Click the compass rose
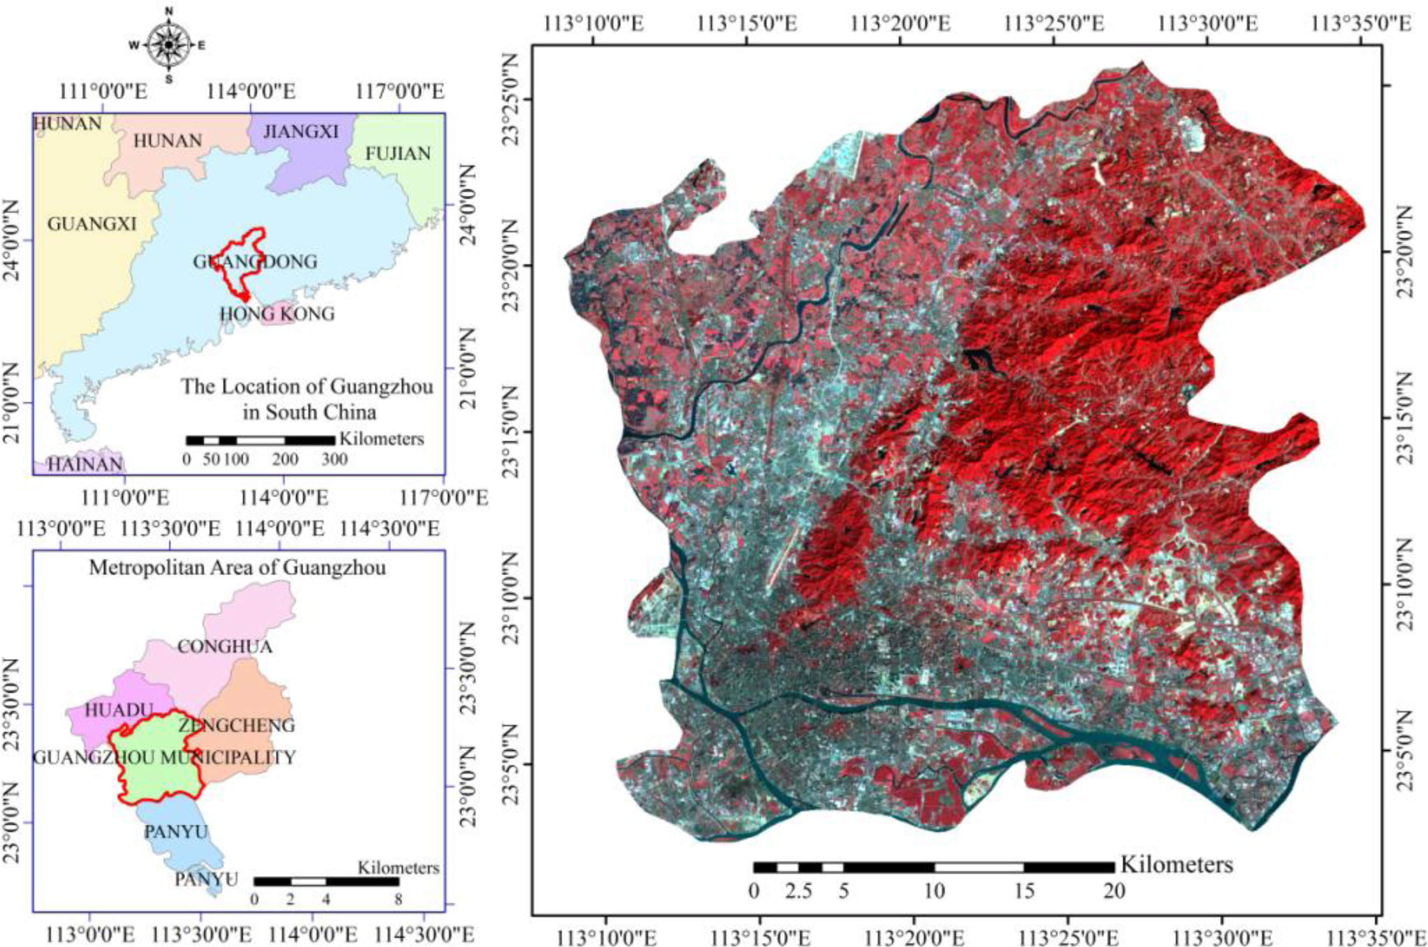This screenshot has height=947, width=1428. pos(169,45)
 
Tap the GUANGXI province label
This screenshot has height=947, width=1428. pos(92,224)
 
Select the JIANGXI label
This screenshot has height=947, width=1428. pos(301,132)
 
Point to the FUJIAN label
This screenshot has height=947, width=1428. pos(397,154)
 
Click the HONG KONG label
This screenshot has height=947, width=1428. pos(277,314)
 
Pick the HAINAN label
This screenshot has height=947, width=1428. pos(85,464)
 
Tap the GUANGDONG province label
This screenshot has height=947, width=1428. pos(255,262)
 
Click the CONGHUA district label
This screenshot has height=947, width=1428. pos(225,647)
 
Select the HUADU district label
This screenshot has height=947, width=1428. pos(120,710)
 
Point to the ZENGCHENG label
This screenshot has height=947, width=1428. pos(236,726)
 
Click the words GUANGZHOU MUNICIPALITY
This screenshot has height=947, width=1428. pos(164,757)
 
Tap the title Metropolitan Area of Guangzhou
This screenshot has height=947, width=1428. pos(238,568)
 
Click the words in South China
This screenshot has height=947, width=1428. pos(309,412)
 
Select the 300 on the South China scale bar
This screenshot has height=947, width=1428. pos(334,460)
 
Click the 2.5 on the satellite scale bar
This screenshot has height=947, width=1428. pos(799,891)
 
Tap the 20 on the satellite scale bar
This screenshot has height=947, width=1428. pos(1114,891)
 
